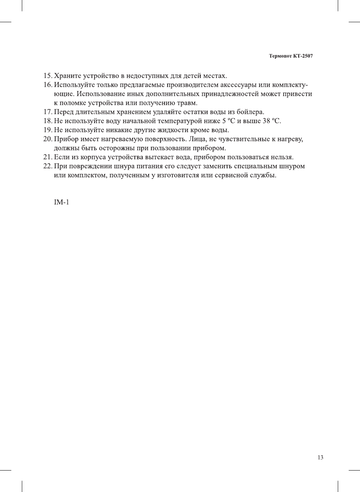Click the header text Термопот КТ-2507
[291, 56]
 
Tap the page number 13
[320, 457]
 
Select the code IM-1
[61, 202]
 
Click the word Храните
[67, 76]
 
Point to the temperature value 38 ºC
[271, 121]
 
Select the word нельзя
[283, 157]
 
